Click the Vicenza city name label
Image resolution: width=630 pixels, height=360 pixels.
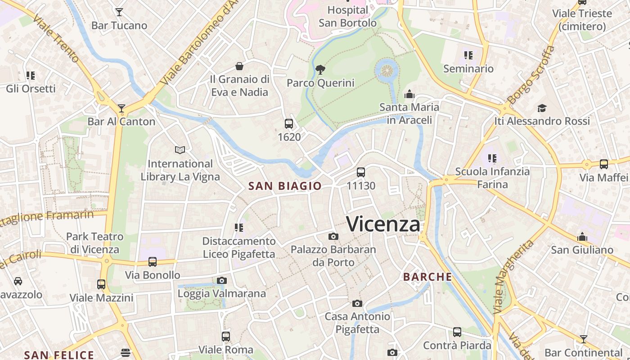click(x=383, y=224)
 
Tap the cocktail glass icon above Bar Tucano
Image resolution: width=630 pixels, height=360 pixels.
click(x=119, y=12)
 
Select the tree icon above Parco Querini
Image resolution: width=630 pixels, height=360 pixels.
click(x=320, y=70)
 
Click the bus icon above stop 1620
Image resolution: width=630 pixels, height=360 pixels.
click(x=289, y=124)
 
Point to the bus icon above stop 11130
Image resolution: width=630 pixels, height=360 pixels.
click(x=361, y=172)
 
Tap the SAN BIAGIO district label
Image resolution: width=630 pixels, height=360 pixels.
click(x=285, y=186)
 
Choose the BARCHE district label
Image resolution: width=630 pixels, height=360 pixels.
click(x=427, y=277)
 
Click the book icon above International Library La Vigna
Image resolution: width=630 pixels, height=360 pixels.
click(x=180, y=150)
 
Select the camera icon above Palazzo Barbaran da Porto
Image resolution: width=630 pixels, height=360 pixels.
click(x=333, y=236)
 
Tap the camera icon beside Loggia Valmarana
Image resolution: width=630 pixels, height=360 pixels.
click(x=221, y=281)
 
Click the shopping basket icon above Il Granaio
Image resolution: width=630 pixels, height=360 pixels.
click(x=239, y=67)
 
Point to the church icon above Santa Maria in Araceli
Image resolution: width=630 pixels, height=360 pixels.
click(x=409, y=94)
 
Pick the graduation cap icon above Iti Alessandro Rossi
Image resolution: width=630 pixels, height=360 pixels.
click(x=542, y=108)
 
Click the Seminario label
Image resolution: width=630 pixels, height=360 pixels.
click(x=468, y=69)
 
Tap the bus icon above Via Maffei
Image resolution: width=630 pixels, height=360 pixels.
click(x=604, y=164)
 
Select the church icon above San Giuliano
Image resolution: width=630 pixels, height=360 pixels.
click(x=582, y=237)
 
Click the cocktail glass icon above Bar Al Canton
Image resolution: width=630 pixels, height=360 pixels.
click(x=121, y=108)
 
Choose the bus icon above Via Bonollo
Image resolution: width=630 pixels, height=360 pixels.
click(x=153, y=262)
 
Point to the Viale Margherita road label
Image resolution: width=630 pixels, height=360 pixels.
click(x=513, y=277)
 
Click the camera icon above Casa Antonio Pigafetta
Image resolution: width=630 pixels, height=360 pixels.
click(x=357, y=303)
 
